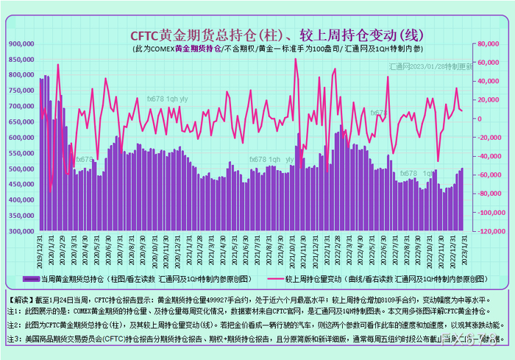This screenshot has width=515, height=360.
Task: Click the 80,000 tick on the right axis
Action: click(488, 43)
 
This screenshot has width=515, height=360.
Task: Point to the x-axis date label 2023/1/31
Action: click(462, 252)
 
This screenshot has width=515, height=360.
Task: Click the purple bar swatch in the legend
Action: click(31, 280)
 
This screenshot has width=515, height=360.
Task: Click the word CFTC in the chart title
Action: click(145, 35)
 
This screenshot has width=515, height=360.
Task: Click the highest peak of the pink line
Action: click(296, 59)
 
